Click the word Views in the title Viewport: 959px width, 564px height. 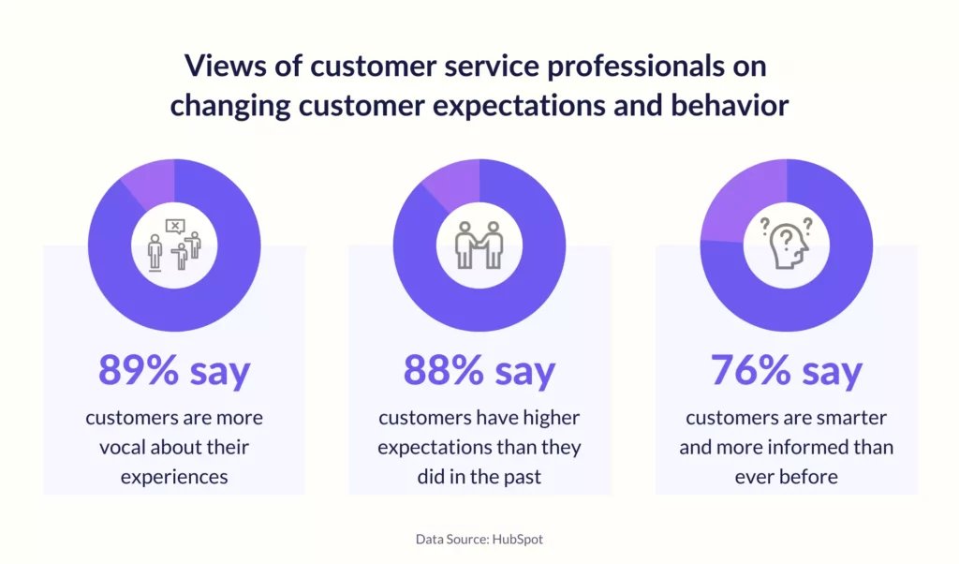click(225, 66)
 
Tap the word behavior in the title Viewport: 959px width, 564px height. click(730, 105)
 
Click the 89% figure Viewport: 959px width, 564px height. click(139, 370)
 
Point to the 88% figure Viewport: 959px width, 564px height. click(443, 370)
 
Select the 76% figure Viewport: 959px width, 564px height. click(750, 370)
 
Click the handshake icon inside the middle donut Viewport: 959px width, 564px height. click(479, 245)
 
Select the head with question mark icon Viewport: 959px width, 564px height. click(787, 243)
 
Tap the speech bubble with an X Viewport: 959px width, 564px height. click(175, 227)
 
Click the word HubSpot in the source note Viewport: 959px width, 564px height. click(517, 539)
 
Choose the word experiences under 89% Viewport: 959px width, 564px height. click(174, 477)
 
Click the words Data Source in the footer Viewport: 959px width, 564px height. click(452, 539)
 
